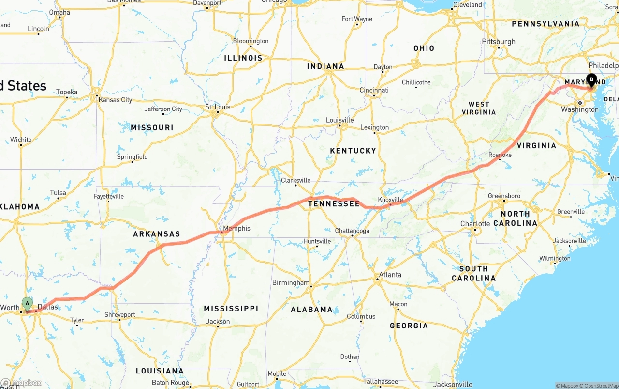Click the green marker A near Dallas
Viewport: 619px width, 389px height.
[x=28, y=304]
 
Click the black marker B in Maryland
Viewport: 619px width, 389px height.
[x=591, y=80]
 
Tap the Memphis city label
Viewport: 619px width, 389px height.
[x=236, y=228]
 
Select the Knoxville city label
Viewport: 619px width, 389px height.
[x=390, y=200]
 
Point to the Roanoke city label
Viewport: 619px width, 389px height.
[x=500, y=155]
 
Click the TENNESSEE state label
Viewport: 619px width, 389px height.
[x=334, y=204]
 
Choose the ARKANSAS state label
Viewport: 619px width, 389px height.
[x=157, y=234]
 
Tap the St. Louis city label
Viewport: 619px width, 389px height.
[x=218, y=107]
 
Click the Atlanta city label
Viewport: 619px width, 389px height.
[x=390, y=275]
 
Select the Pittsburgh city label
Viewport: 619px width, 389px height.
[x=499, y=42]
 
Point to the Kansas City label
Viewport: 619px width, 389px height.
[x=115, y=100]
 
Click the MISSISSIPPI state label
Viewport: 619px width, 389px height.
[x=231, y=309]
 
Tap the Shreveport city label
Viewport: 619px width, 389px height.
[x=120, y=314]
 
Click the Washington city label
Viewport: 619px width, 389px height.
[x=580, y=109]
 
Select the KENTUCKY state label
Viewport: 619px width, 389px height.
[x=353, y=151]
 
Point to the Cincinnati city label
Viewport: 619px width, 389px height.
[x=374, y=90]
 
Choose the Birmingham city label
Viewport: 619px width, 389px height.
[x=291, y=282]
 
